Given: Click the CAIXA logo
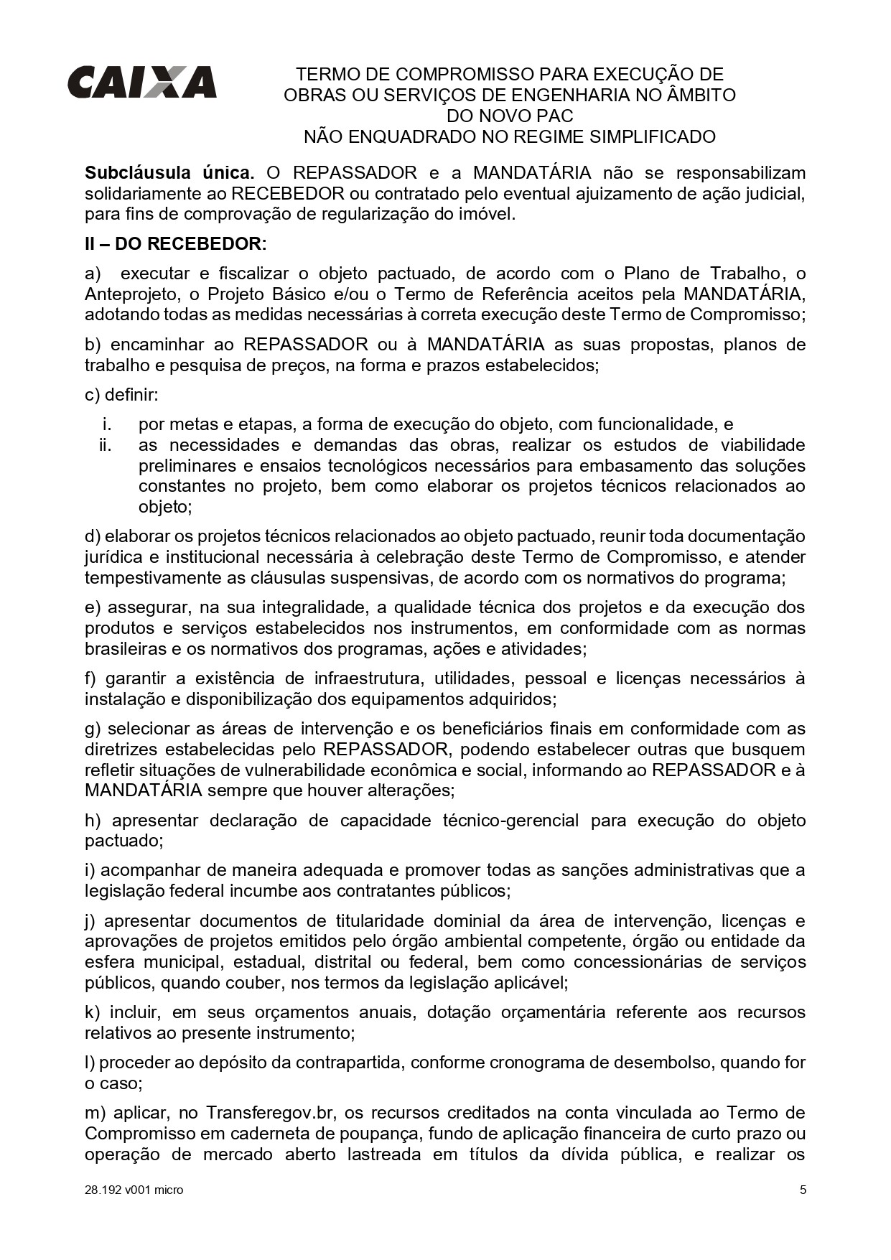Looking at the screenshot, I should [x=141, y=82].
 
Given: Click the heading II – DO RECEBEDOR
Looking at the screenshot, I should [x=175, y=244].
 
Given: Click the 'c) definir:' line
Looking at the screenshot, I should [x=121, y=395].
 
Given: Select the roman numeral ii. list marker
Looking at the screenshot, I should [x=106, y=445].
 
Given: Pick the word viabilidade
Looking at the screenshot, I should [x=763, y=445].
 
